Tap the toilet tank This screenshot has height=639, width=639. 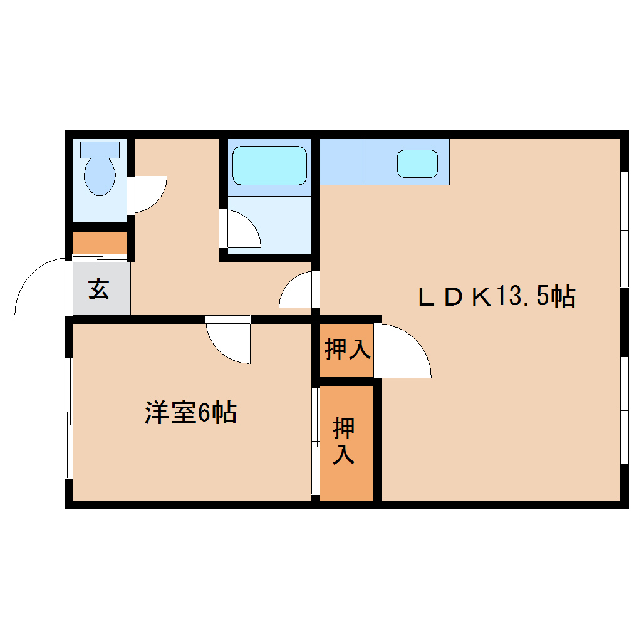coord(100,149)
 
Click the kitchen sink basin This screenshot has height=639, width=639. coord(417,164)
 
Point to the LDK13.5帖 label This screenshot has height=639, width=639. coord(497,296)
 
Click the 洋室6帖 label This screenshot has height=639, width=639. coord(191,413)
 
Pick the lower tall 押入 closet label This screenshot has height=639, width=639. coord(344,441)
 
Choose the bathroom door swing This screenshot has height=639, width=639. coord(241,229)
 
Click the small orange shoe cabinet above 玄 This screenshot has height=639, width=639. coord(100,242)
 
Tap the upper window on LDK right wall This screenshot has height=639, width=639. coord(624,229)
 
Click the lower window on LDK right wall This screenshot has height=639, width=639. coord(624,410)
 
